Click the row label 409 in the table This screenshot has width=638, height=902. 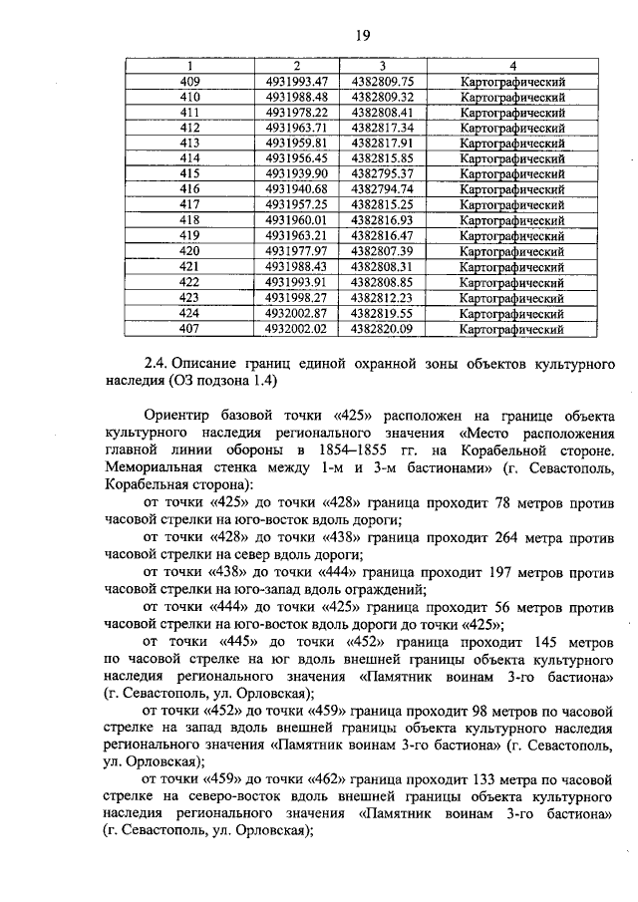189,82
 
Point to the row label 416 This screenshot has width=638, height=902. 189,188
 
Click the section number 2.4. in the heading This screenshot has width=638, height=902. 160,362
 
